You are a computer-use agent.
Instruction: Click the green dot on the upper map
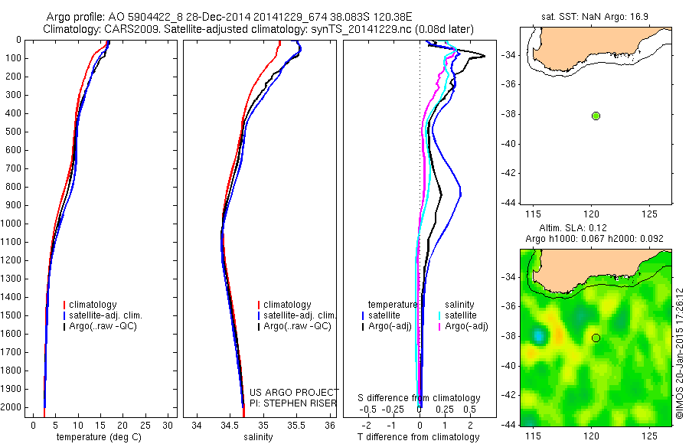tap(596, 116)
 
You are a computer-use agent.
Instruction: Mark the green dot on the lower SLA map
tap(596, 338)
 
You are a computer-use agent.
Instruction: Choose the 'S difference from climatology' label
tap(420, 398)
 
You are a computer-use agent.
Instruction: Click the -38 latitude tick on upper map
tap(511, 115)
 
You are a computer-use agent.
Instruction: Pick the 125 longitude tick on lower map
tap(649, 435)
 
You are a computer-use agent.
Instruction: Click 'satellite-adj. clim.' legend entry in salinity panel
tap(300, 315)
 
